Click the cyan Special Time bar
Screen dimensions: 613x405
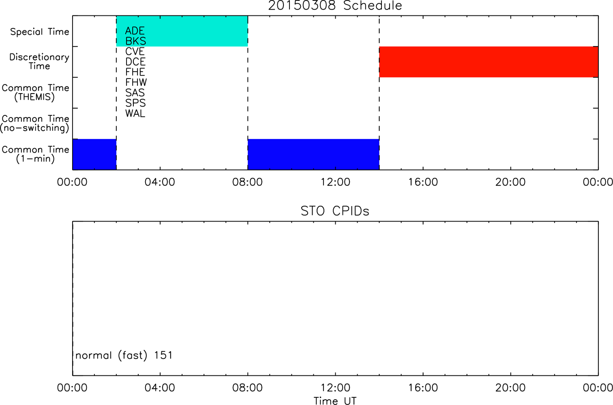click(x=182, y=31)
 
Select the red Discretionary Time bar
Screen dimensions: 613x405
click(x=489, y=62)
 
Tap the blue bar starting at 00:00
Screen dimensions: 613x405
click(x=94, y=154)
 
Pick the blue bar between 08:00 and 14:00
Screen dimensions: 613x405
click(x=314, y=154)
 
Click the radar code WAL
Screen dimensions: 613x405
click(x=135, y=113)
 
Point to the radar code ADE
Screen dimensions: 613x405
click(x=135, y=31)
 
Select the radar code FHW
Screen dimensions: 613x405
click(x=136, y=82)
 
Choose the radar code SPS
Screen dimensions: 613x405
click(x=135, y=103)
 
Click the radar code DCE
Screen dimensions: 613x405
click(x=135, y=62)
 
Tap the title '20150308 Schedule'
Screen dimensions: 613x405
click(x=335, y=6)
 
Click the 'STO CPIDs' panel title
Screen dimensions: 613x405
click(x=335, y=211)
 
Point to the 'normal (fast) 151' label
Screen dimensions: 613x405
click(x=124, y=356)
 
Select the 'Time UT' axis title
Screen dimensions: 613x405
click(x=335, y=401)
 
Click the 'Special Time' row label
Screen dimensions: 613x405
click(x=40, y=32)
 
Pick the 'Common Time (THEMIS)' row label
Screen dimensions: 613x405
click(x=35, y=92)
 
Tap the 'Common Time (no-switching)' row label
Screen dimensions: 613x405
click(x=35, y=124)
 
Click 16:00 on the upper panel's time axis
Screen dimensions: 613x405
click(x=423, y=182)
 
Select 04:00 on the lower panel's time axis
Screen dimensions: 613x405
click(x=160, y=388)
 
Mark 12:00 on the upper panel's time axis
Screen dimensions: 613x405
click(x=336, y=182)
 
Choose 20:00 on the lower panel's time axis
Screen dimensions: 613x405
click(x=511, y=388)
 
